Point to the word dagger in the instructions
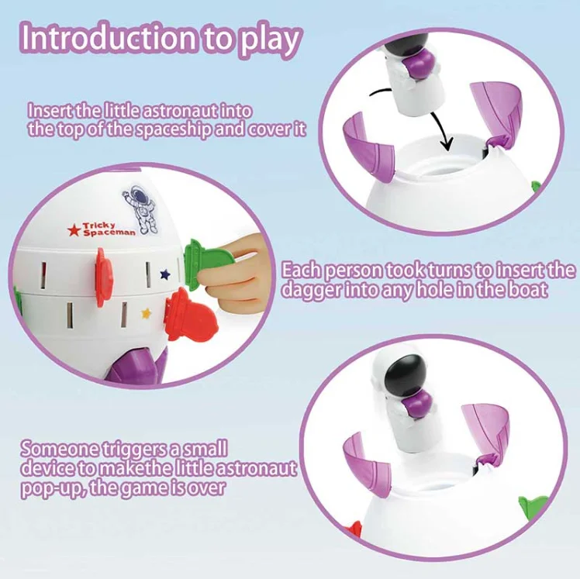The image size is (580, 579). pyautogui.click(x=318, y=291)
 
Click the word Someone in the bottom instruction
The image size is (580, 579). pyautogui.click(x=59, y=448)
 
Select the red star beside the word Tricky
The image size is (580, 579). pyautogui.click(x=74, y=229)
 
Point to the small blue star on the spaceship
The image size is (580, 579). pyautogui.click(x=164, y=274)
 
